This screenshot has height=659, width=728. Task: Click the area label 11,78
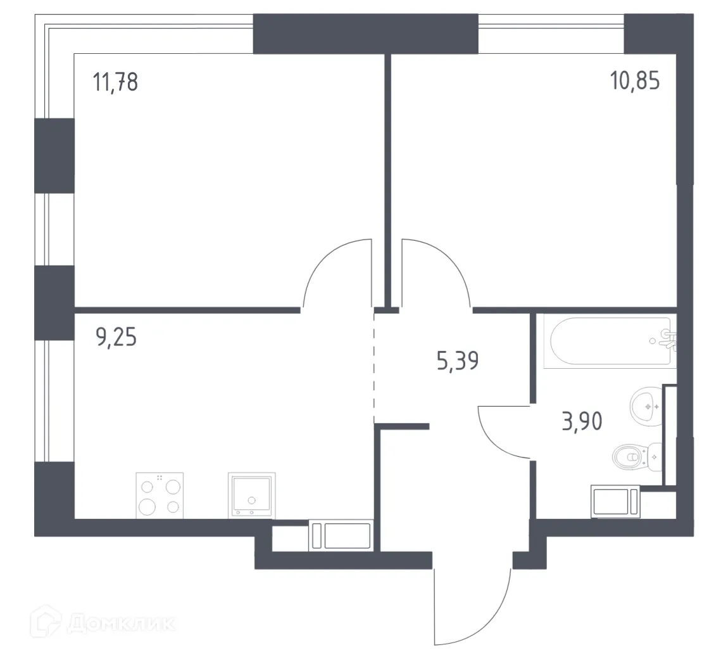pyautogui.click(x=115, y=82)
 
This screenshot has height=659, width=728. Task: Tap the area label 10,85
pyautogui.click(x=635, y=82)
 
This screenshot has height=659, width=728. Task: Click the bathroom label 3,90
pyautogui.click(x=582, y=420)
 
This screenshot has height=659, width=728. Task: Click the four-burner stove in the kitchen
pyautogui.click(x=160, y=496)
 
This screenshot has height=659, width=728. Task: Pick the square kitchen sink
pyautogui.click(x=251, y=496)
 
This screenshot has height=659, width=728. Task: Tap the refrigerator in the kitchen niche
pyautogui.click(x=342, y=536)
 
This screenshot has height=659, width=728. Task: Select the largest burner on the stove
pyautogui.click(x=148, y=506)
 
